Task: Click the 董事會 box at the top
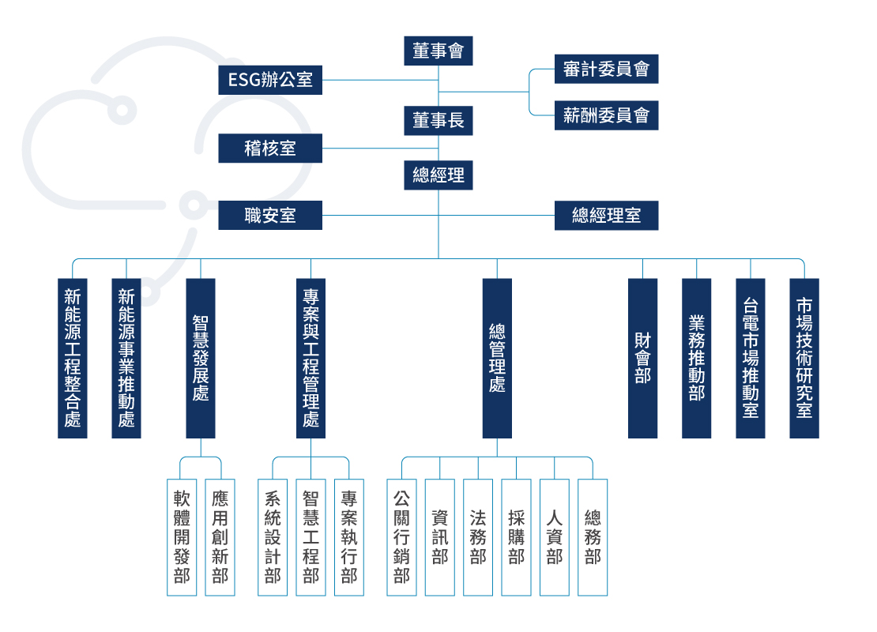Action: (x=438, y=51)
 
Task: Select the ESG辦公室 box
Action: (x=270, y=80)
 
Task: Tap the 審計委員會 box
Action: (x=606, y=70)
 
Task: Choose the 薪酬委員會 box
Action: (x=606, y=115)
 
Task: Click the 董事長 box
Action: (x=438, y=121)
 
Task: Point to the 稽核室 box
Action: (x=270, y=148)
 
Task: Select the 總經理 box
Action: (x=438, y=175)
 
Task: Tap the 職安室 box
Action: (x=270, y=215)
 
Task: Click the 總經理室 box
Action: (x=606, y=215)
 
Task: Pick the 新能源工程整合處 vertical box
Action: (x=73, y=358)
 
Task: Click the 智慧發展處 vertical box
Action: (x=201, y=358)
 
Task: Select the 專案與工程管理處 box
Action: (x=311, y=358)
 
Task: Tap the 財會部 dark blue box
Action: (x=642, y=358)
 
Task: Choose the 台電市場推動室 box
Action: (x=751, y=358)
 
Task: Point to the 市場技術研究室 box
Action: (x=804, y=358)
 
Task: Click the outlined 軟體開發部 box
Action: (x=182, y=537)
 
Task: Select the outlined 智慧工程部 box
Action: (x=311, y=537)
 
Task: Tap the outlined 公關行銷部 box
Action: (x=401, y=537)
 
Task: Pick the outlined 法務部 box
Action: (x=478, y=537)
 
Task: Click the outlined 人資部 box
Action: (x=555, y=537)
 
